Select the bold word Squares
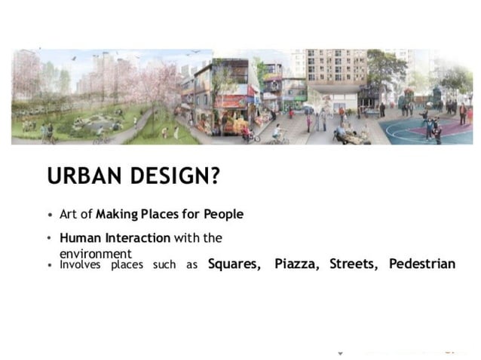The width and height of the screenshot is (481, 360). pos(234,264)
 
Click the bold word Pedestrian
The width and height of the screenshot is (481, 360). pos(422,264)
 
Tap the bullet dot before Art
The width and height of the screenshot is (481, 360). pos(50,215)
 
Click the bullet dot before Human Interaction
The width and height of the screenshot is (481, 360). pos(50,238)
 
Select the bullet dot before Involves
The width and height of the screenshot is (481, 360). pos(50,265)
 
